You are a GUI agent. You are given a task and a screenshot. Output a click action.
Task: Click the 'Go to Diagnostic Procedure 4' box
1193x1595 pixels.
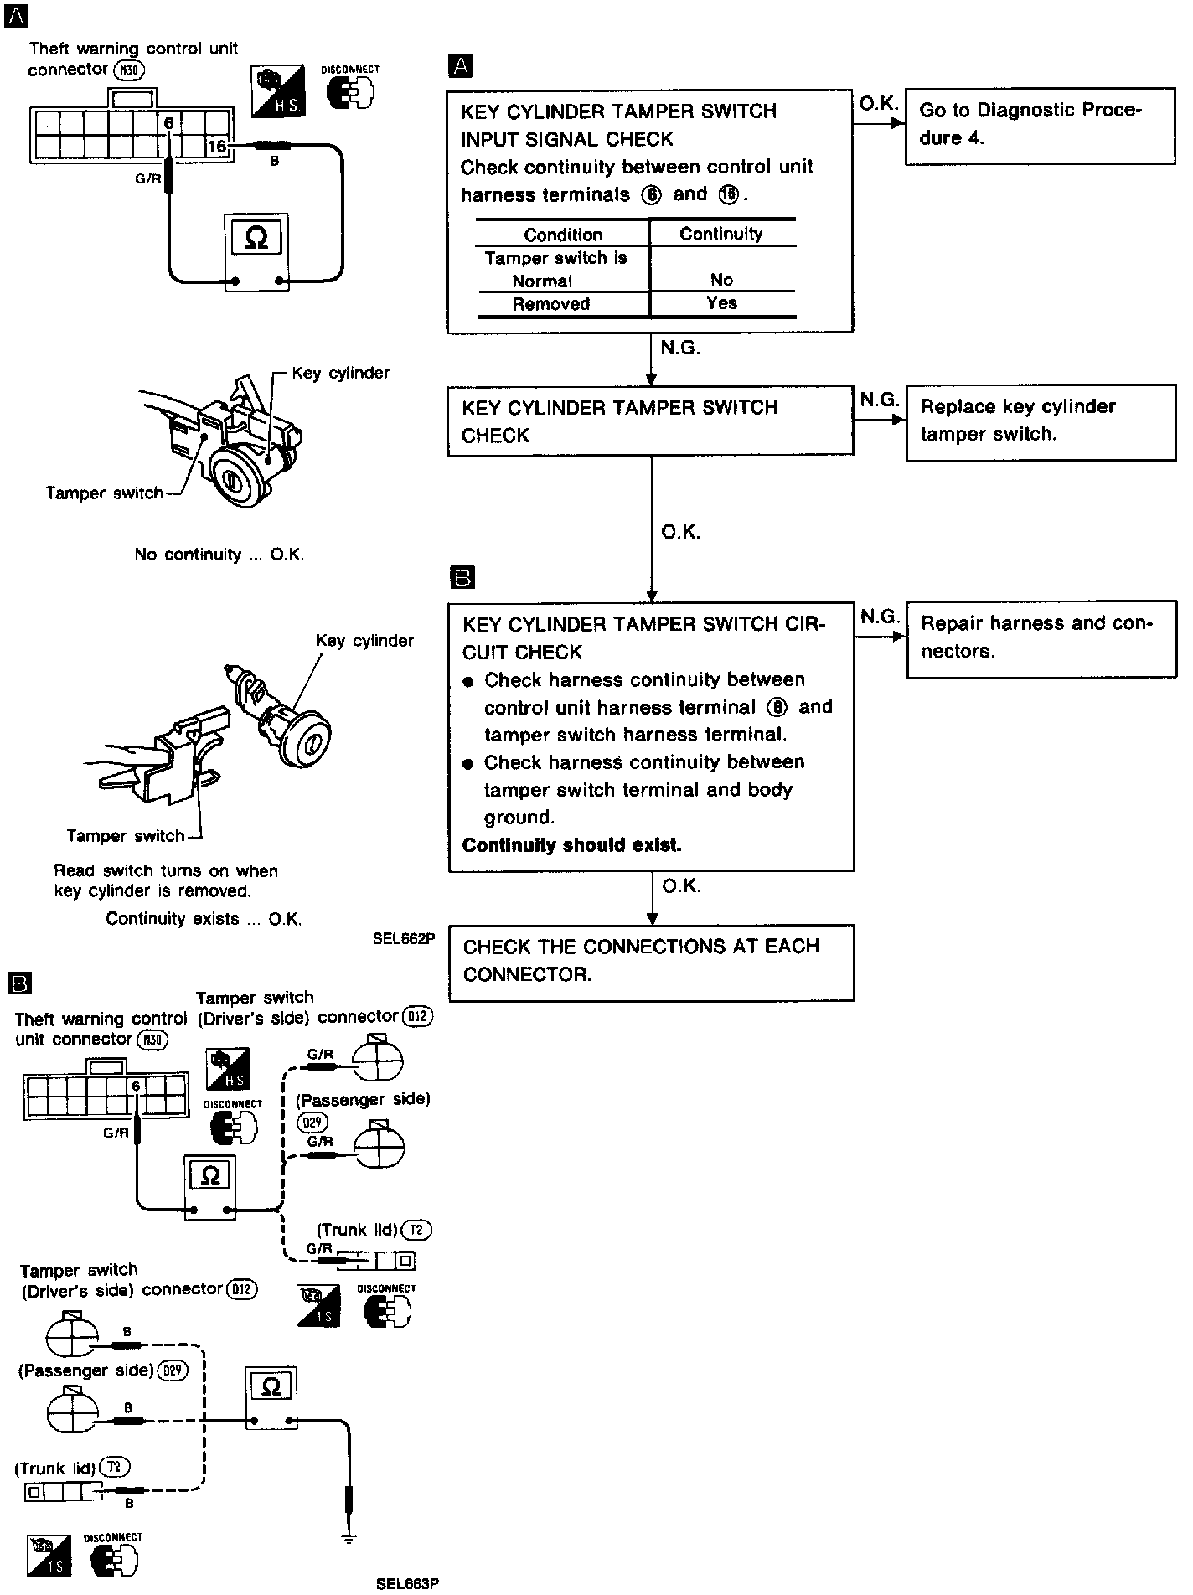[x=1039, y=125]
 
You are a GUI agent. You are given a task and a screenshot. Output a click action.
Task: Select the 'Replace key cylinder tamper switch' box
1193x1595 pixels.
[x=1040, y=421]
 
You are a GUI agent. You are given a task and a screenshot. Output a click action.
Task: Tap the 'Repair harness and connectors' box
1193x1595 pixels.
[x=1040, y=638]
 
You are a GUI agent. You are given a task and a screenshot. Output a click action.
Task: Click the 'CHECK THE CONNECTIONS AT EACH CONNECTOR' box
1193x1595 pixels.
[x=651, y=962]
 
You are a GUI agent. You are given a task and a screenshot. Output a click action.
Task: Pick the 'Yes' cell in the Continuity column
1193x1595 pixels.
[x=721, y=303]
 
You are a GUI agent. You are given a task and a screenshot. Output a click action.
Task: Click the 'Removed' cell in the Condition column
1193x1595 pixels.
[x=551, y=304]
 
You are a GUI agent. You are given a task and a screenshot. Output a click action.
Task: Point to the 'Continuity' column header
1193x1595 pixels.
[x=720, y=235]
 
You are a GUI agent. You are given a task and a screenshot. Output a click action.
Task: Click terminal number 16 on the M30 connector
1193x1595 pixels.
[x=217, y=147]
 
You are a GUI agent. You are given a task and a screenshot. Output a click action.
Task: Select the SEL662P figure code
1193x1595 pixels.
[x=404, y=939]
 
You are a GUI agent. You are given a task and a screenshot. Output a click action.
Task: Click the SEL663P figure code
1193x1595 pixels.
[x=407, y=1583]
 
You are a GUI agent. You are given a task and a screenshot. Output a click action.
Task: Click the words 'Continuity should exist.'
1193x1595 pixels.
[x=572, y=845]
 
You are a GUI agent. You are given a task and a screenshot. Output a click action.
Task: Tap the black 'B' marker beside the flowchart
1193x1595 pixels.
[x=462, y=577]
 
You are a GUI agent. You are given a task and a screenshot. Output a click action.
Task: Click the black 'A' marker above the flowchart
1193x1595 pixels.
[x=461, y=65]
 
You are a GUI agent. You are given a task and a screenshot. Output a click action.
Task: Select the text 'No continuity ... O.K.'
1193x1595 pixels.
[x=219, y=555]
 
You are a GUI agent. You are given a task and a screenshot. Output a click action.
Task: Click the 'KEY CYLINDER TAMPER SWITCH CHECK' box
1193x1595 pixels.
[x=650, y=421]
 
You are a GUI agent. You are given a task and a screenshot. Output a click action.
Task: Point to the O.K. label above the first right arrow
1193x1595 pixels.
[x=878, y=103]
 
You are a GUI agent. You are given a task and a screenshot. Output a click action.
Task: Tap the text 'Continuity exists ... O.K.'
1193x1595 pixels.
[x=204, y=919]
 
